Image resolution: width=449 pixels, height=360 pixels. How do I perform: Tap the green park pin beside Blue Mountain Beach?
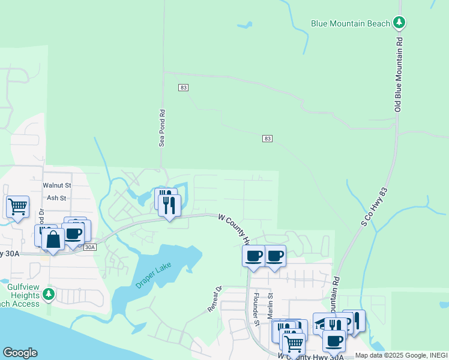point(399,23)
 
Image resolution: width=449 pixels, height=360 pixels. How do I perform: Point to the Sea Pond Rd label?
point(161,128)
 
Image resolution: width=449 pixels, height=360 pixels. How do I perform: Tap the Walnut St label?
point(57,185)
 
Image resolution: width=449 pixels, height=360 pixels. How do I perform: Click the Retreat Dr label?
point(215,299)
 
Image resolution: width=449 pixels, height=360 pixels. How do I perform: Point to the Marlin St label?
point(271,305)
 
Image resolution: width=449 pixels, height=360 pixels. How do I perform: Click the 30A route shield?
point(90,247)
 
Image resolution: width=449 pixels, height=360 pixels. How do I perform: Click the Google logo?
point(20,353)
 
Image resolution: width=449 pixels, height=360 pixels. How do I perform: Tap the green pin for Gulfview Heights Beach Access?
point(49,295)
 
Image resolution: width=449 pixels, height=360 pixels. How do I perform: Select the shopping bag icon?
point(53,239)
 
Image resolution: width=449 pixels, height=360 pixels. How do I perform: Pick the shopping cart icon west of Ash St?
point(17,206)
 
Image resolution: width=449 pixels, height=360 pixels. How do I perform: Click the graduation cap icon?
point(323,323)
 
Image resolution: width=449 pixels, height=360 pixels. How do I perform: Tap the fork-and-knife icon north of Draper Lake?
point(169,206)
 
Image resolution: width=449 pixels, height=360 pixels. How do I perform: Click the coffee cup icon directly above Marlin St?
point(275,256)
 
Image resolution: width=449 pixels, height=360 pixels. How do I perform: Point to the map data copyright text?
point(401,355)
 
